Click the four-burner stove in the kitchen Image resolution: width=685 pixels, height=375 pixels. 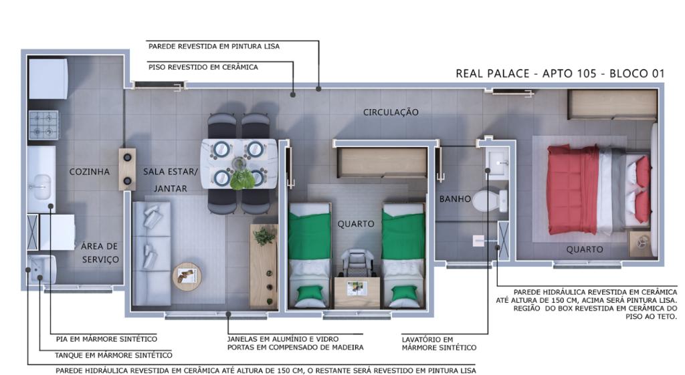point(43,125)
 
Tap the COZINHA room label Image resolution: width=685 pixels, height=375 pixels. point(90,172)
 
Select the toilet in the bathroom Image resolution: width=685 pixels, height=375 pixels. point(489,201)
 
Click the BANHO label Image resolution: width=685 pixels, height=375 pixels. point(455,199)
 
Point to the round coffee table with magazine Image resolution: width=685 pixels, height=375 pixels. point(187,277)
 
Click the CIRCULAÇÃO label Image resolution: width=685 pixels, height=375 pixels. point(391,112)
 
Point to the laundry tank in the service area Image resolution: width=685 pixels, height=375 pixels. point(41,269)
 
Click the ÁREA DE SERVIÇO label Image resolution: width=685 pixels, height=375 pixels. point(100,253)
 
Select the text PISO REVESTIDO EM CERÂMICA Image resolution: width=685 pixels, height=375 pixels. point(203,68)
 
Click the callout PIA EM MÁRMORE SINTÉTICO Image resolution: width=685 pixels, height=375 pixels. point(106,339)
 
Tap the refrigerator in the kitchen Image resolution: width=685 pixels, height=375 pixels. point(48,79)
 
